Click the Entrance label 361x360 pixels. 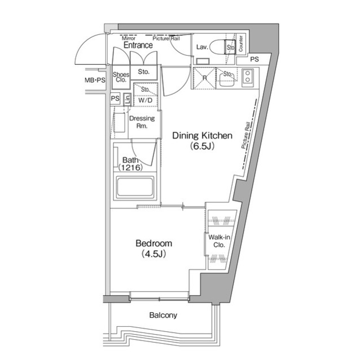[138, 45]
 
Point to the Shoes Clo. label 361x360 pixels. [121, 77]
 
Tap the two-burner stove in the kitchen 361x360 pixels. [248, 78]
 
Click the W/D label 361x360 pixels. [145, 100]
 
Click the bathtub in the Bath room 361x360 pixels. [135, 188]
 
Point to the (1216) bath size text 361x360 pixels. [131, 167]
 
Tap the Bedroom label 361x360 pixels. [153, 243]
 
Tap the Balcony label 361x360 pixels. [163, 315]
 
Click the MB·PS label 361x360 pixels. [95, 81]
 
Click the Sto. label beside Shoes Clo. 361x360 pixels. [143, 72]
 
